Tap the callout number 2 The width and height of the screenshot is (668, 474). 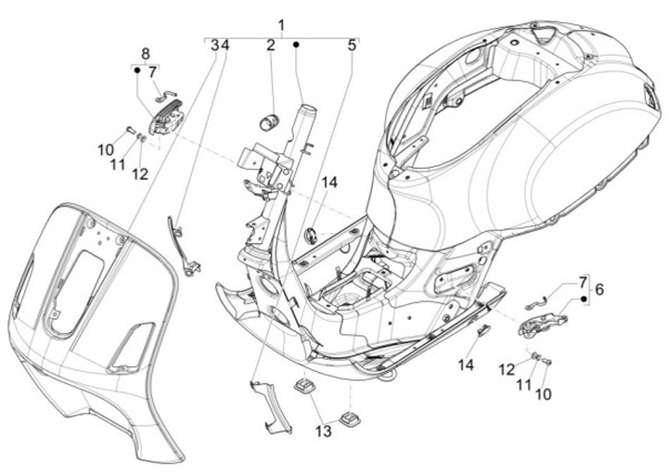[271, 45]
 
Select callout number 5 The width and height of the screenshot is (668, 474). [353, 45]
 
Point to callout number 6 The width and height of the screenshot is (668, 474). [599, 290]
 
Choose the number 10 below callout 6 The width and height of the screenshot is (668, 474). [542, 394]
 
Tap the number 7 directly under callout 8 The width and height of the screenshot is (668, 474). [152, 70]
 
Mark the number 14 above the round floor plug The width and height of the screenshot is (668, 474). [329, 183]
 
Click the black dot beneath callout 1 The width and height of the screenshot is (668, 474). [296, 45]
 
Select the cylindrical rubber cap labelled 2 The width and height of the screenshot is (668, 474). [272, 121]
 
